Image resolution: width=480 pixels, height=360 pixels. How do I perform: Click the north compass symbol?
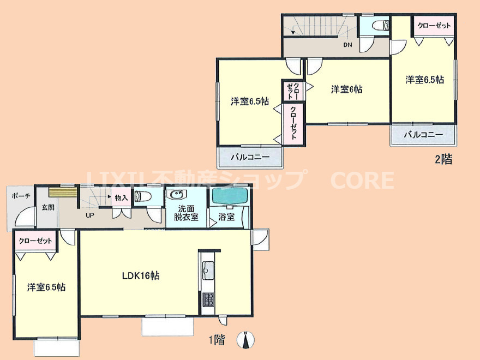click(245, 340)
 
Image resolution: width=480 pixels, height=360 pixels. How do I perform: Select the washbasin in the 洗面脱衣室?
click(176, 195)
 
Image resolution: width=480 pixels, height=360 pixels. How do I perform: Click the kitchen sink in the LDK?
click(209, 271)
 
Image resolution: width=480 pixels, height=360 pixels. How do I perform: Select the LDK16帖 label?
click(141, 275)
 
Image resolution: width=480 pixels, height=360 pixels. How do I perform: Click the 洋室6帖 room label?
click(347, 89)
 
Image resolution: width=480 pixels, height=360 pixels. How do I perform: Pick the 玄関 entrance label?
click(48, 207)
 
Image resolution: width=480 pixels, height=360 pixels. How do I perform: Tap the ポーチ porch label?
click(21, 196)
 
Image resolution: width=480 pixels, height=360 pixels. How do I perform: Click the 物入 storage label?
click(121, 198)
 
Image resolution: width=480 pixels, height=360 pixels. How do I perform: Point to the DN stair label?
click(347, 45)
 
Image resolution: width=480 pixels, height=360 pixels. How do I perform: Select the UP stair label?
click(89, 215)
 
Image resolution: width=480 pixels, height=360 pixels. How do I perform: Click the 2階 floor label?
click(443, 159)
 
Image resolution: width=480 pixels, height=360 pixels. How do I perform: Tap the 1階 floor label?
click(217, 339)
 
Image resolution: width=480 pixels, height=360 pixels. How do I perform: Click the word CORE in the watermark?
click(362, 180)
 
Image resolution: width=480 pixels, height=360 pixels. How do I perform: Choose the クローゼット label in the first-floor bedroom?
click(35, 241)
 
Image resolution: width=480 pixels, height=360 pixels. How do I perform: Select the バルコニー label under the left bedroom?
click(250, 158)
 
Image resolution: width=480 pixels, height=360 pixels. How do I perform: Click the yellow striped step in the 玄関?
click(62, 193)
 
